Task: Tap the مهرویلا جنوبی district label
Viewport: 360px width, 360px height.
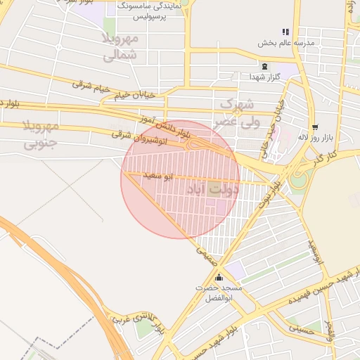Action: [x=39, y=136]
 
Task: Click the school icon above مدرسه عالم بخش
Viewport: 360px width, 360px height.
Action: [x=285, y=32]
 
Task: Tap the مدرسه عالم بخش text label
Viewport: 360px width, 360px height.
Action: [x=285, y=42]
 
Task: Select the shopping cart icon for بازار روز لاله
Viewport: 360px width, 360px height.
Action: [x=314, y=117]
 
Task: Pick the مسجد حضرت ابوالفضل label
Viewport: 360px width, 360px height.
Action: [x=219, y=293]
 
